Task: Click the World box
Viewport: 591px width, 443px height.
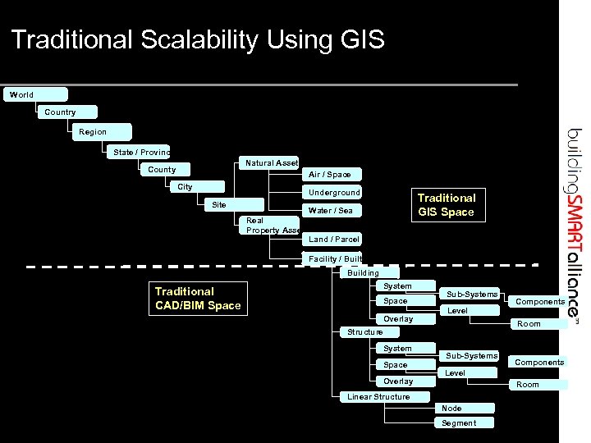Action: [34, 95]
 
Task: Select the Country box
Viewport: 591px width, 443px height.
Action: [66, 112]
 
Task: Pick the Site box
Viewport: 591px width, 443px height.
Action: [233, 205]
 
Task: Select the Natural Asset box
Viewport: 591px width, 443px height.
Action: [269, 163]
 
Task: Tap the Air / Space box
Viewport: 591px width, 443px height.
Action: [332, 175]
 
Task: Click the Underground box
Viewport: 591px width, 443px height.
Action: [333, 193]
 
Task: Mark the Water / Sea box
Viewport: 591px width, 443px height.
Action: [332, 211]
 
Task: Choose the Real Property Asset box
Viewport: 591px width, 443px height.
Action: [271, 226]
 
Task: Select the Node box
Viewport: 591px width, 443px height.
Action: [465, 409]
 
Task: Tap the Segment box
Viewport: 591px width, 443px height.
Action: [465, 423]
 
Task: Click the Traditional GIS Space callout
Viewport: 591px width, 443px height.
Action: [446, 205]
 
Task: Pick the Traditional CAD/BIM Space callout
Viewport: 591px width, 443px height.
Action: [198, 299]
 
